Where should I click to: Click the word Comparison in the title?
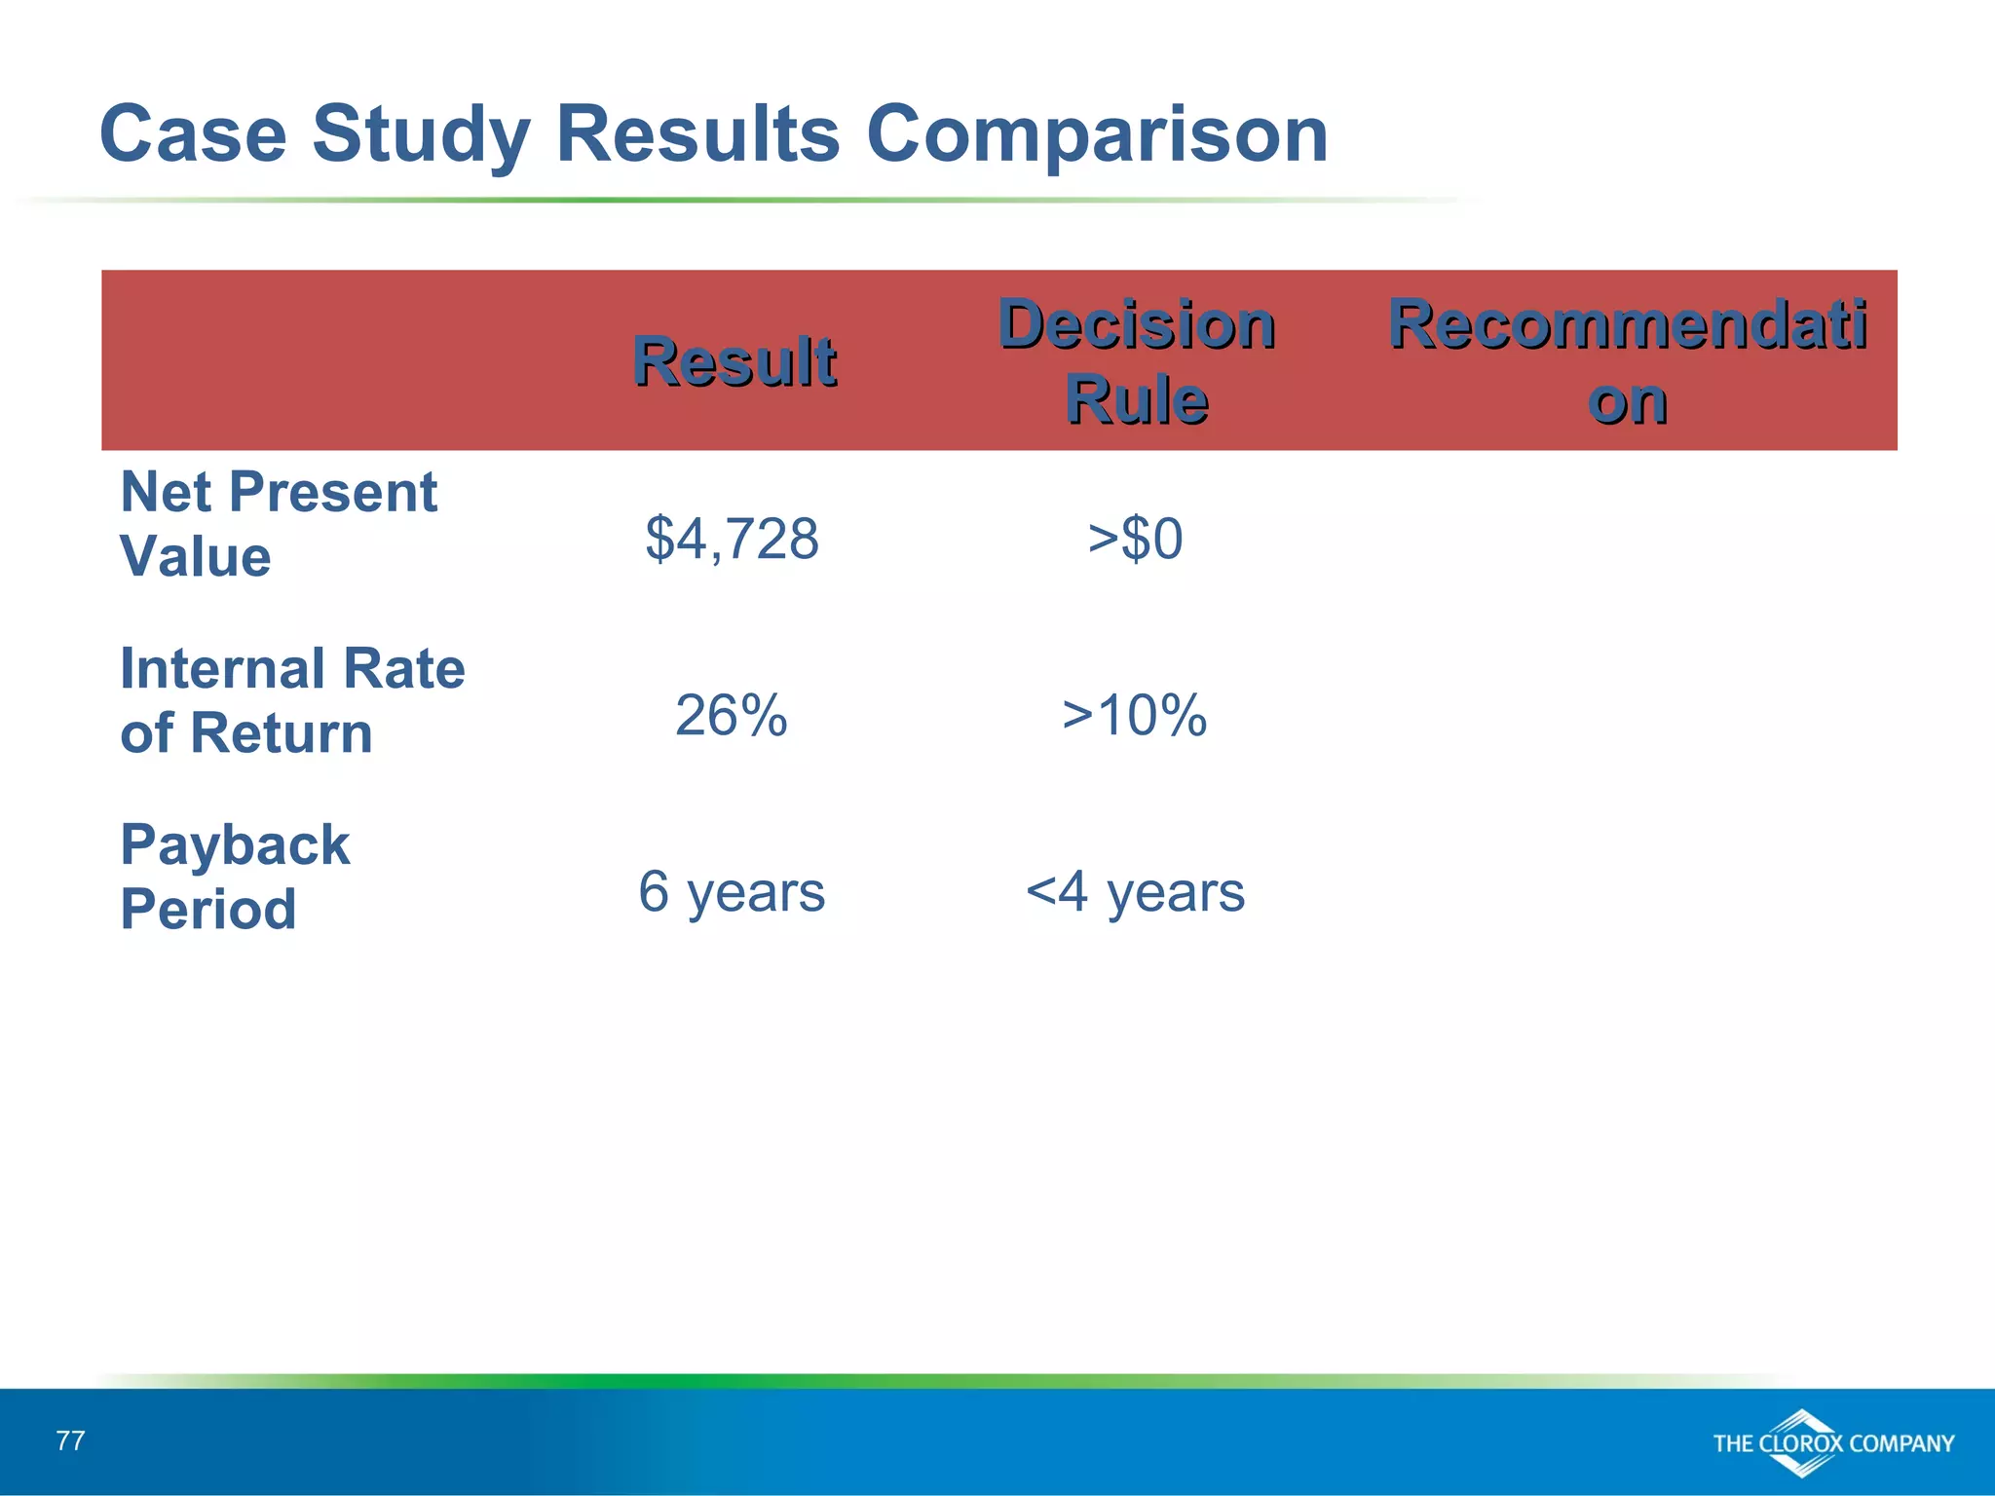[x=1097, y=134]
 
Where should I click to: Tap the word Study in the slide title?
[x=421, y=134]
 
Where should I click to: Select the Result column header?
[x=734, y=361]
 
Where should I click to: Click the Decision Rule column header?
[x=1137, y=361]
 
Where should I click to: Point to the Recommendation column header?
[x=1627, y=361]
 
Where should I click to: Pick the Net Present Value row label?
[x=278, y=524]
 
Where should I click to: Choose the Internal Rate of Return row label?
[x=292, y=700]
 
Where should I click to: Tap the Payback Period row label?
[x=234, y=877]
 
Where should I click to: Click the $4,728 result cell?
[x=732, y=539]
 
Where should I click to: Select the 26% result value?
[x=732, y=716]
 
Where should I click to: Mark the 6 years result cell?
[x=732, y=891]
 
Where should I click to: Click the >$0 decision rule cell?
[x=1136, y=539]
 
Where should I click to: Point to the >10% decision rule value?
[x=1135, y=716]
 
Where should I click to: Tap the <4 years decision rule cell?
[x=1136, y=891]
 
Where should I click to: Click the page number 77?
[x=71, y=1440]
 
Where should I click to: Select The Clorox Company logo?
[x=1832, y=1443]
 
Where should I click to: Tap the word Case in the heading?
[x=193, y=134]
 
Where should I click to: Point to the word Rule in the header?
[x=1137, y=400]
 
